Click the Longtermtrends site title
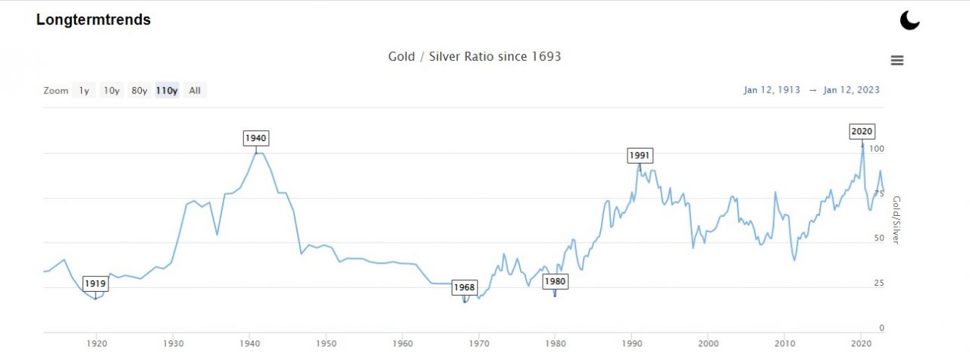(x=93, y=20)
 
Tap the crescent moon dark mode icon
(x=909, y=20)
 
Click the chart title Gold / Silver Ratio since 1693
(x=474, y=57)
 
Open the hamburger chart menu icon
(x=897, y=61)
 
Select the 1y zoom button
(x=84, y=91)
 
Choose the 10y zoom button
(x=111, y=91)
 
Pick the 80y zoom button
(x=139, y=91)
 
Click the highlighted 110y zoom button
(x=167, y=91)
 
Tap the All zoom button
(x=195, y=91)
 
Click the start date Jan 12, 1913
(x=771, y=90)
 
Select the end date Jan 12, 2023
(x=852, y=90)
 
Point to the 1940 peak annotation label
(x=256, y=138)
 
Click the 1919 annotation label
(x=95, y=283)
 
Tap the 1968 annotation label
(x=464, y=287)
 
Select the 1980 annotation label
(x=555, y=281)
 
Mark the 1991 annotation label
(x=640, y=155)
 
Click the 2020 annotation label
(x=862, y=131)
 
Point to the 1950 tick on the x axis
(x=326, y=343)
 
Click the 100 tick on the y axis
(x=876, y=149)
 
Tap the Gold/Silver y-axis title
(x=896, y=221)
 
